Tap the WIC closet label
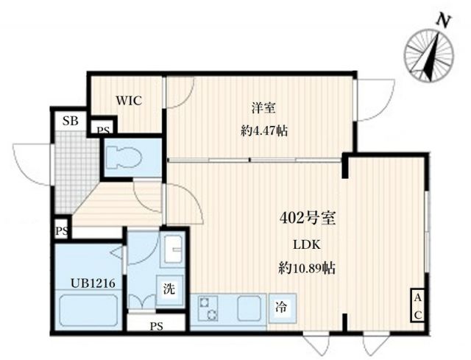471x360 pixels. (127, 101)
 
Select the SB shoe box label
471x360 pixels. (70, 121)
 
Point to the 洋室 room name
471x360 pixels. (263, 108)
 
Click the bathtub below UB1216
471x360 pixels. (87, 310)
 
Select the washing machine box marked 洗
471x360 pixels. (169, 289)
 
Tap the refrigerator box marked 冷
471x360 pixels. (282, 306)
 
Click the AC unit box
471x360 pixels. (417, 306)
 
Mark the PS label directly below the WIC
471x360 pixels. (102, 129)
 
